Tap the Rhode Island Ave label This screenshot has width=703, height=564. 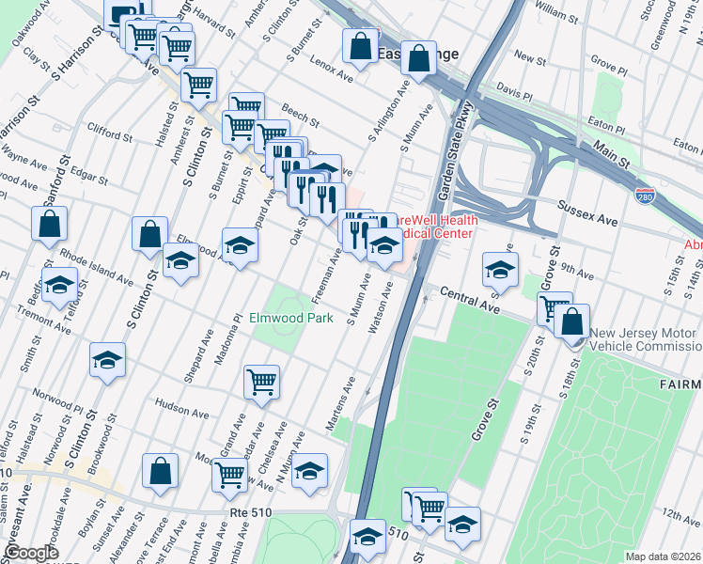tap(97, 265)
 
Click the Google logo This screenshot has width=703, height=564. tap(31, 553)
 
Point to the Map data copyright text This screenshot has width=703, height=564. tap(664, 556)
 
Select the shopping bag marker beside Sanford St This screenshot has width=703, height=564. tap(50, 225)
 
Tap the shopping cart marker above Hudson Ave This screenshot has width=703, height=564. tap(261, 382)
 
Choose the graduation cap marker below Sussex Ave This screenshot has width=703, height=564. tap(501, 270)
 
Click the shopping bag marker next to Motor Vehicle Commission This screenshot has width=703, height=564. tap(571, 321)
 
